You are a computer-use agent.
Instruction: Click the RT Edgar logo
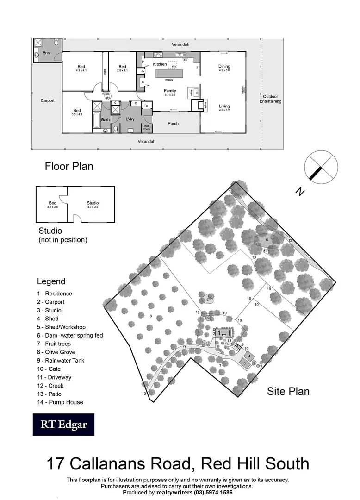point(63,425)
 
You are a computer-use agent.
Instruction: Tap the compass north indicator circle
point(321,167)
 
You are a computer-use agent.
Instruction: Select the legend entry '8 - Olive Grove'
point(56,352)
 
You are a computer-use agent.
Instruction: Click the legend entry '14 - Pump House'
point(60,402)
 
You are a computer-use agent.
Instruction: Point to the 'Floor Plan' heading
point(69,166)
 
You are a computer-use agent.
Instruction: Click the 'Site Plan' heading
point(288,391)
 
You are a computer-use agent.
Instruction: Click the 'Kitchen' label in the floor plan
point(160,64)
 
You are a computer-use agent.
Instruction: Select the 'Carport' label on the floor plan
point(48,100)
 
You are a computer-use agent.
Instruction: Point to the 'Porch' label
point(173,124)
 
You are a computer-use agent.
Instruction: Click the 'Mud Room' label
point(147,127)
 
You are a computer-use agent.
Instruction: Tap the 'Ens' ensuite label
point(46,53)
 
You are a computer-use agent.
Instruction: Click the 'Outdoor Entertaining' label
point(271,99)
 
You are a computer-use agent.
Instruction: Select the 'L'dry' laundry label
point(130,119)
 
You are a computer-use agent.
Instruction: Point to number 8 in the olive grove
point(151,316)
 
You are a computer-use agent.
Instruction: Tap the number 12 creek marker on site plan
point(290,240)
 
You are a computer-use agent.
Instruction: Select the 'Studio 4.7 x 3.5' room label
point(93,205)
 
